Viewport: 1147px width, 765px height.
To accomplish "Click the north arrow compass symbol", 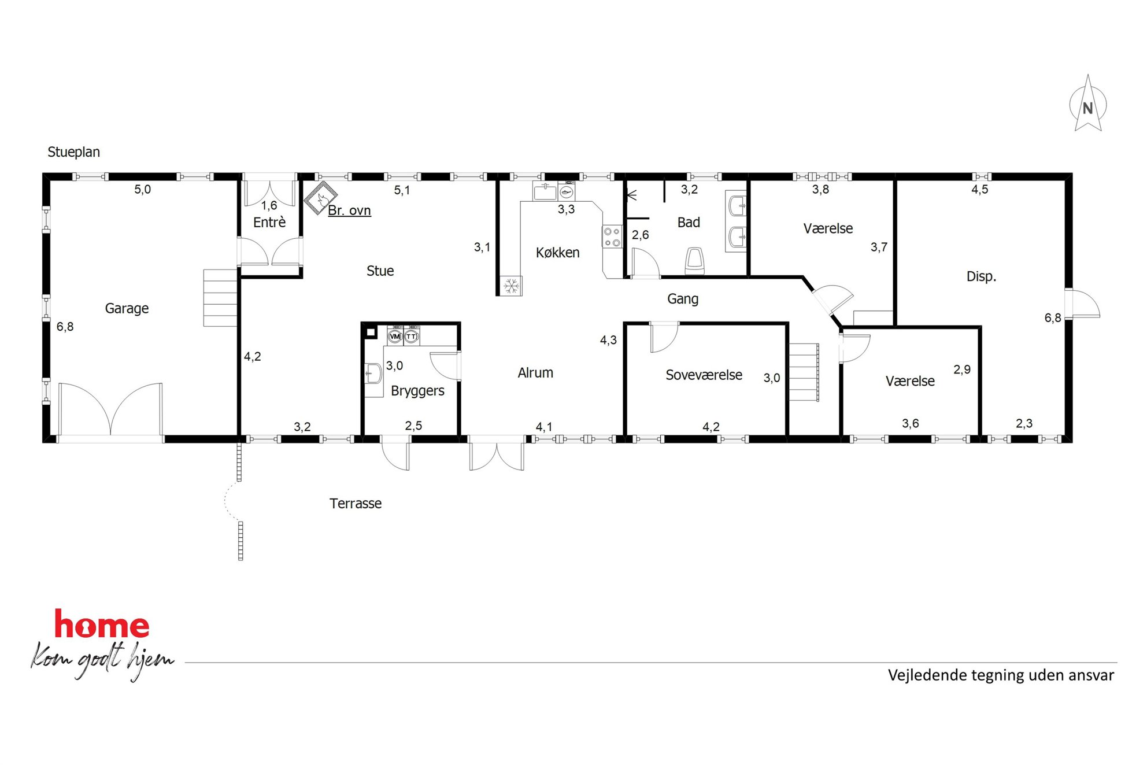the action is tap(1087, 104).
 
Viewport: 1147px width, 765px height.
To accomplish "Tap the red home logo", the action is tap(102, 624).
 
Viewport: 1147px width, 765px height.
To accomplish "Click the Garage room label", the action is tap(127, 309).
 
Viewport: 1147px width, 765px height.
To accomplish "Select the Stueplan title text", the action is tap(73, 152).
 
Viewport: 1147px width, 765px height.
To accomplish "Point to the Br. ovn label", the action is tap(349, 210).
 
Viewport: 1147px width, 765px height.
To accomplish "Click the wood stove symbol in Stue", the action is tap(321, 198).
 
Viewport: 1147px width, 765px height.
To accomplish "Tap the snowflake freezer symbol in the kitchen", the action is tap(511, 286).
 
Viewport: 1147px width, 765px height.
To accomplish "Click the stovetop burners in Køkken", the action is tap(612, 236).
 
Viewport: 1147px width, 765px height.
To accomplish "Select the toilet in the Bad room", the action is tap(694, 261).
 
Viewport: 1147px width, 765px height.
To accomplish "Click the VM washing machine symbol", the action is tap(395, 336).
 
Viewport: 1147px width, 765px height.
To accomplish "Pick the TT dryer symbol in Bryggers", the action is tap(411, 336).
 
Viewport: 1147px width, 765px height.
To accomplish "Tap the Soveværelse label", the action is tap(704, 375).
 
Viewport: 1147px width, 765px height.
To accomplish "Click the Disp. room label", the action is tap(981, 276).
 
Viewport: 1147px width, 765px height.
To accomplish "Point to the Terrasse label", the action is tap(356, 504).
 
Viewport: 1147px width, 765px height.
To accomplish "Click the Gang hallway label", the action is tap(683, 299).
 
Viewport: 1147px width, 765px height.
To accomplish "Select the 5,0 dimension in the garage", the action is tap(143, 190).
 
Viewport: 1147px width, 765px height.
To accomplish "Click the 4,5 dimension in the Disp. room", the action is tap(980, 190).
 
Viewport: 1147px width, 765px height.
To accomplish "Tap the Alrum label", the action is tap(535, 373).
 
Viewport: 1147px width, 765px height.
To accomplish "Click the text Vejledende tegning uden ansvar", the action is tap(1001, 675).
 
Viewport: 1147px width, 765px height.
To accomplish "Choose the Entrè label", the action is tap(269, 223).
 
